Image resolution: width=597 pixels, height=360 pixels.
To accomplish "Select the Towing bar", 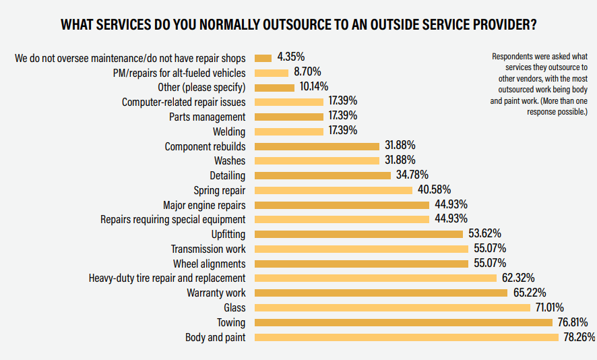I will tap(404, 322).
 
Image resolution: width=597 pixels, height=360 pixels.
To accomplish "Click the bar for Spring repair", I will tap(334, 190).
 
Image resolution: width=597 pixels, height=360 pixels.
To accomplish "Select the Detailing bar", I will tap(323, 175).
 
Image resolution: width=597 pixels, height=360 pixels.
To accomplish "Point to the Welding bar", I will tap(289, 131).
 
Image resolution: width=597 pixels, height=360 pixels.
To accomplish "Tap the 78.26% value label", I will tap(578, 337).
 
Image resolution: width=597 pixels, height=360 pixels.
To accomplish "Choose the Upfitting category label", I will tap(228, 234).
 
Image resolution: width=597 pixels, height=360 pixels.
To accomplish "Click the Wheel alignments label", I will tap(209, 264).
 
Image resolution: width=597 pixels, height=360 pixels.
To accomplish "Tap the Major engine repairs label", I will tap(204, 205).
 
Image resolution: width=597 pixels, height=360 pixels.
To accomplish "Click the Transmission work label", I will tap(208, 249).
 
